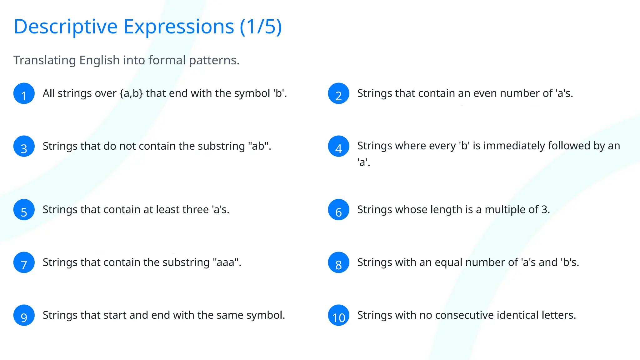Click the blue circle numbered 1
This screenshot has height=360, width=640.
click(x=24, y=93)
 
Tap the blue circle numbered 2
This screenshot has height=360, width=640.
click(x=338, y=93)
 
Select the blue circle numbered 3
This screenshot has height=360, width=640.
click(x=24, y=146)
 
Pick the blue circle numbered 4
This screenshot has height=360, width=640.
click(x=338, y=146)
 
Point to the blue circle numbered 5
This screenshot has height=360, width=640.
click(x=24, y=210)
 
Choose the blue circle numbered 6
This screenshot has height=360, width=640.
click(x=338, y=210)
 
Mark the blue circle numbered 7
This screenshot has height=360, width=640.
click(x=24, y=262)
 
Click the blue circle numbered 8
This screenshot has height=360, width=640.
click(x=338, y=262)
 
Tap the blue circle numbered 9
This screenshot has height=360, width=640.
click(x=24, y=315)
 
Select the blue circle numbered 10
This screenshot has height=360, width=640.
click(x=338, y=315)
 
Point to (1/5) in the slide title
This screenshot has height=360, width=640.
click(x=261, y=27)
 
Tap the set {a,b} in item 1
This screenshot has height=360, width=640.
click(x=131, y=93)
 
